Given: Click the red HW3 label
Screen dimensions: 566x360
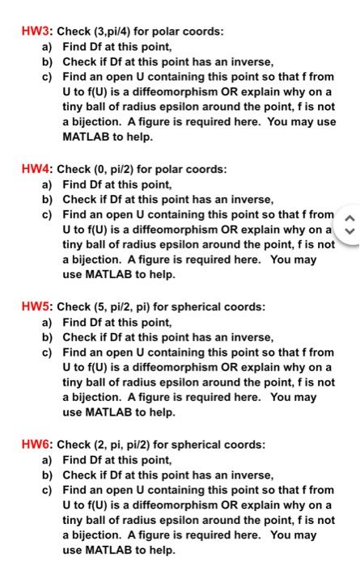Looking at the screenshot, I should [37, 32].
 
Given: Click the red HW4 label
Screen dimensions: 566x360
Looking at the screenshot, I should [37, 170].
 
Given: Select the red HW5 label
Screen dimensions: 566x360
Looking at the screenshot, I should [37, 307].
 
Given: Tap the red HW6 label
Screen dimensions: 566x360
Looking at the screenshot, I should [37, 445].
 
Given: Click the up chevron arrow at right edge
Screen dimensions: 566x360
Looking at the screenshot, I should [349, 215].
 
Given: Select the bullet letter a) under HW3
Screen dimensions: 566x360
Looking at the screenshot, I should [48, 47].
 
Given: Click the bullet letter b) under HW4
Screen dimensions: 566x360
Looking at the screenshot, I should [48, 200].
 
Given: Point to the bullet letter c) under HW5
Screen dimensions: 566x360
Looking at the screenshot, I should [48, 353].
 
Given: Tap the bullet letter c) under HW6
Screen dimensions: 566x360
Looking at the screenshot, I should [48, 490].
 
